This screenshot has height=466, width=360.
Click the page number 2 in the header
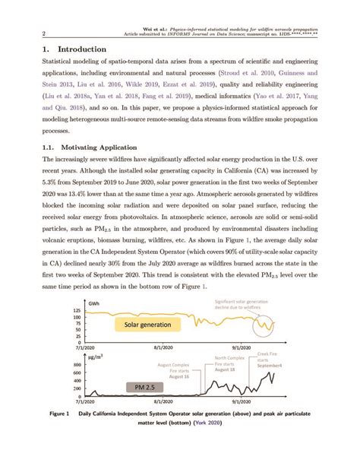click(44, 33)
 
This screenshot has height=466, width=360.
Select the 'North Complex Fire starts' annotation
click(230, 363)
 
